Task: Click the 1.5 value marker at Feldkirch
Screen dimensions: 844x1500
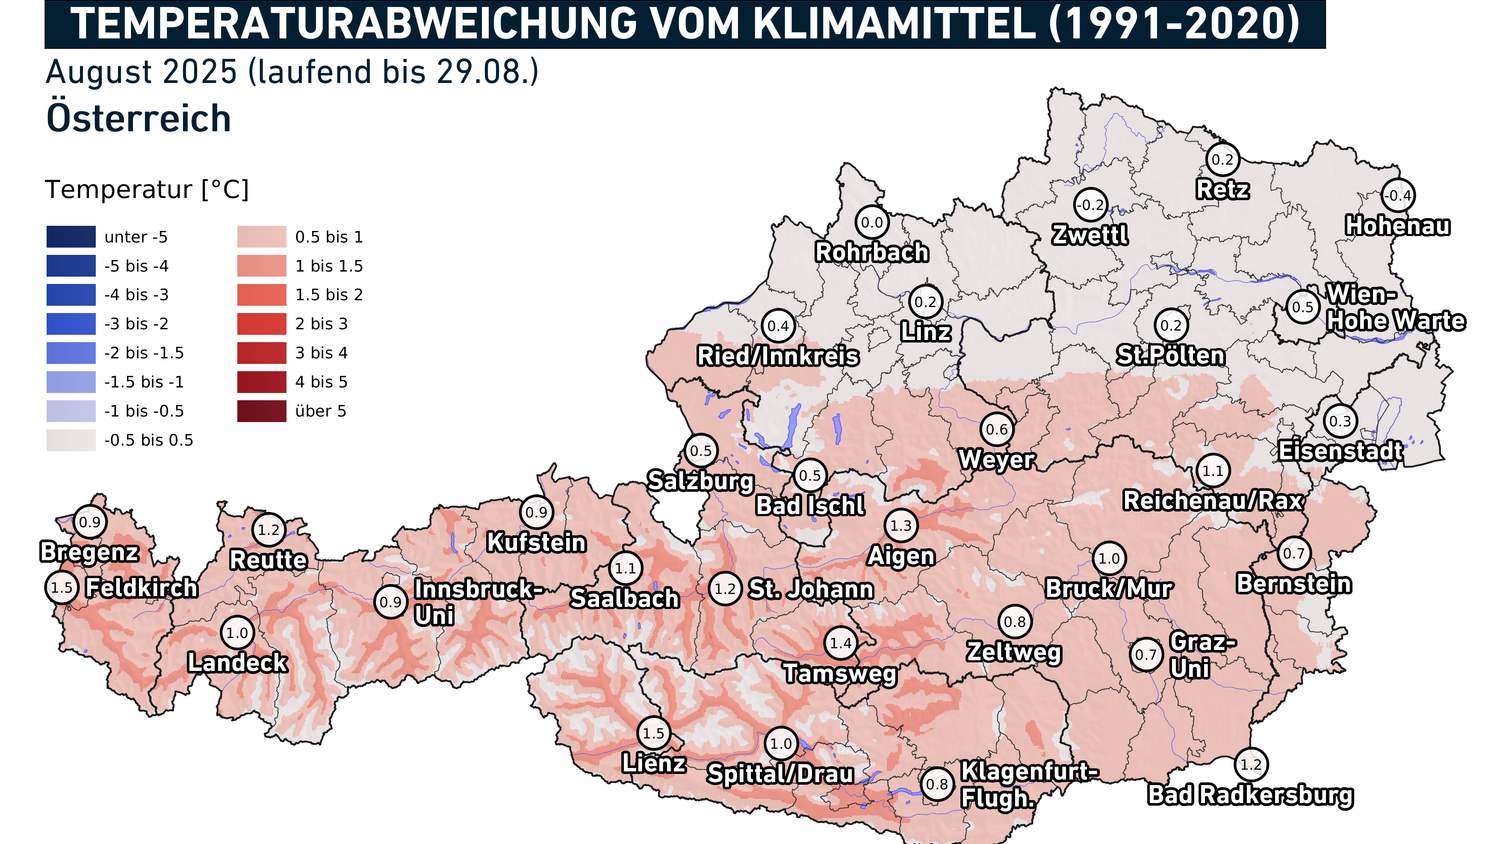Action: tap(62, 588)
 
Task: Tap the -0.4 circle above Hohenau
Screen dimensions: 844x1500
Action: tap(1398, 196)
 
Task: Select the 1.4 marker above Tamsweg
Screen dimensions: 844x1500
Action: tap(840, 644)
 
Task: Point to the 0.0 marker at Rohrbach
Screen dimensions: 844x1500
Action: tap(872, 223)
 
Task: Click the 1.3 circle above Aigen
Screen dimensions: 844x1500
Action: tap(901, 525)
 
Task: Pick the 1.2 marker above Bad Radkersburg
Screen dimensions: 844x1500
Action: tap(1251, 765)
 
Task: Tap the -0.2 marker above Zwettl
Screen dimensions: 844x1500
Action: tap(1090, 206)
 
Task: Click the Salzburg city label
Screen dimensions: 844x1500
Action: tap(700, 481)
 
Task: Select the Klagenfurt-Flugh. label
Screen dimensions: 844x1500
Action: tap(1028, 785)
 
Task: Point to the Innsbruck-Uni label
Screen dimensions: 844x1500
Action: tap(478, 602)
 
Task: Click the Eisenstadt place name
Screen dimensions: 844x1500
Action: tap(1340, 451)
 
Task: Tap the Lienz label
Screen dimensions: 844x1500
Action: tap(654, 763)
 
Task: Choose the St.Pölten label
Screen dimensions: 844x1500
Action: tap(1170, 356)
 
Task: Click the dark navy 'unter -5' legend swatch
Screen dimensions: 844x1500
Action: tap(71, 237)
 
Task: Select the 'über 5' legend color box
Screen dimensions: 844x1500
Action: tap(262, 411)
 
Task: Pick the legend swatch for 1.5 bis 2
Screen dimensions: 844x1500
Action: tap(262, 295)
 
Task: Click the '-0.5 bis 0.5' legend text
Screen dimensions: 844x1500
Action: tap(149, 440)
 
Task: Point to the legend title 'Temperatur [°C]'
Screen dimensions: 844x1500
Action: tap(147, 190)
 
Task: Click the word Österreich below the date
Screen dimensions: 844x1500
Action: tap(139, 118)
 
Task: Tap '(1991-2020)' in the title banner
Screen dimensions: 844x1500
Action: tap(1174, 24)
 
